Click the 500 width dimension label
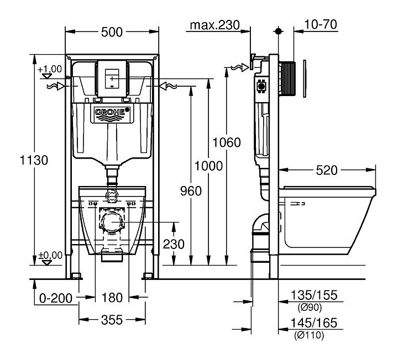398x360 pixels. click(x=112, y=32)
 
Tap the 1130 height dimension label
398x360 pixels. click(x=34, y=160)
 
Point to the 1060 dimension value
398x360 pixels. click(x=227, y=142)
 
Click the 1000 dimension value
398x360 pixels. click(x=208, y=166)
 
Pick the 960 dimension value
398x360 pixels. click(x=191, y=190)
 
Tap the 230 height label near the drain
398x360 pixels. click(x=174, y=244)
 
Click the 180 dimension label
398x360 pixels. click(x=112, y=298)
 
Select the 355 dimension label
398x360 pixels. click(x=112, y=320)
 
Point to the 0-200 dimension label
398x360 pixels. click(x=56, y=298)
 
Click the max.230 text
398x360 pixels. click(x=214, y=25)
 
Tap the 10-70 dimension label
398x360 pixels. click(x=321, y=24)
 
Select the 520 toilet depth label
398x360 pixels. click(x=327, y=170)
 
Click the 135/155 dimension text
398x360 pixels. click(x=314, y=295)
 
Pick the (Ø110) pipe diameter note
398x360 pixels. click(x=309, y=335)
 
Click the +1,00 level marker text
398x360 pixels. click(x=50, y=69)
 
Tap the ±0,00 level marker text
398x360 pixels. click(x=50, y=255)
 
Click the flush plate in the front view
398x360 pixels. click(x=112, y=78)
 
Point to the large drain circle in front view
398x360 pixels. click(x=112, y=222)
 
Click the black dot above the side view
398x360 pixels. click(x=279, y=31)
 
